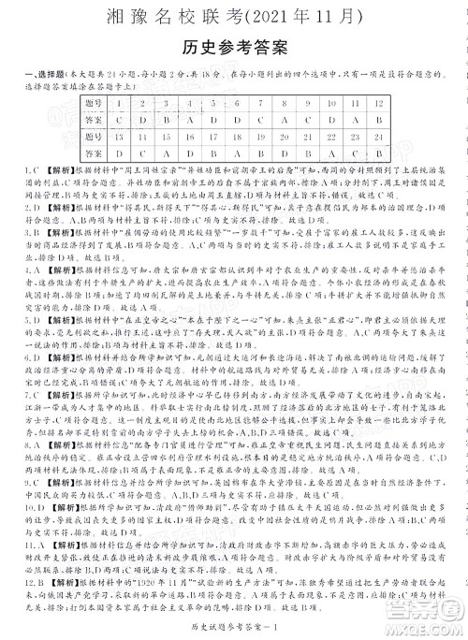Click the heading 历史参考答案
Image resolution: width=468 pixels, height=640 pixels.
click(233, 47)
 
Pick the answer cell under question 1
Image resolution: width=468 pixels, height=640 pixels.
click(119, 120)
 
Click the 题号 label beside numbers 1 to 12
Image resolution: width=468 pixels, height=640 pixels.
click(93, 102)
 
